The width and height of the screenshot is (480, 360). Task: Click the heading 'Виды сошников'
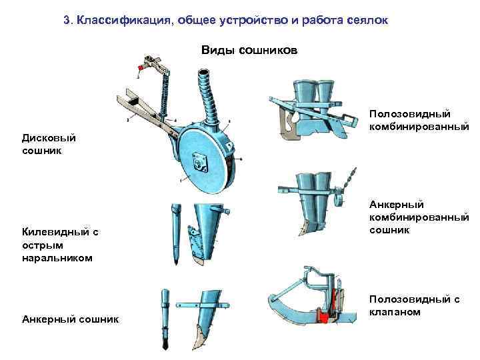249,51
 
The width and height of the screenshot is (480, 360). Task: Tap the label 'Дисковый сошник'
49,144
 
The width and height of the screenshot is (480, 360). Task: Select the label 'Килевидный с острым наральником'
59,245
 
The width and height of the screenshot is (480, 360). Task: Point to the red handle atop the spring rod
141,67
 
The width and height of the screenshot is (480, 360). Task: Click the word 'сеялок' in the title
367,20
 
